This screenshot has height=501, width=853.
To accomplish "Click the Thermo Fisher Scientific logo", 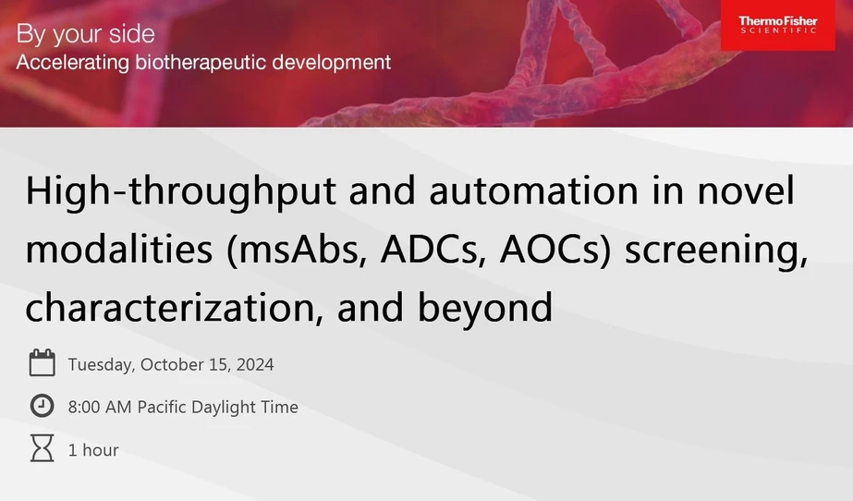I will (778, 25).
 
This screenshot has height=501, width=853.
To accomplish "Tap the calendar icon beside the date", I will (43, 363).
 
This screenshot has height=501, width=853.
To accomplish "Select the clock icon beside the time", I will (43, 407).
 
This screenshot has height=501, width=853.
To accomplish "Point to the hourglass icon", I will (43, 450).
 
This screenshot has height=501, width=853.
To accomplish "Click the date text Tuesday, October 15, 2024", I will (171, 364).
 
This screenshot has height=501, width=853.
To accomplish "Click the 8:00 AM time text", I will (100, 407).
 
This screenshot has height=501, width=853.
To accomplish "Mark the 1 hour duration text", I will (93, 450).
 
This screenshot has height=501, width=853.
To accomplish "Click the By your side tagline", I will (86, 35).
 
